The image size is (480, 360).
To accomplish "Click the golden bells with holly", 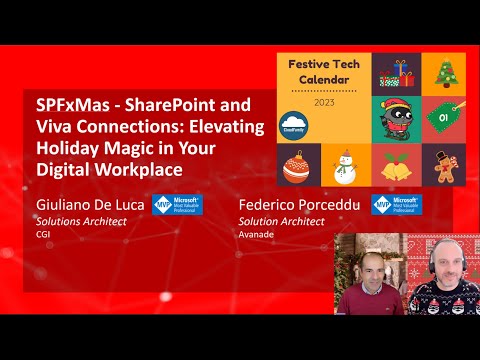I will tap(397, 167).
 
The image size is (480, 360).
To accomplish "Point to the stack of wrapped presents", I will tap(397, 71).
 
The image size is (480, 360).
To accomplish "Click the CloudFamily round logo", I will tap(293, 121).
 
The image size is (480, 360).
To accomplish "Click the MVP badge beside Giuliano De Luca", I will tap(176, 206).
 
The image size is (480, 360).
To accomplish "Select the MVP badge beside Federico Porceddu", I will tap(396, 206).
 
